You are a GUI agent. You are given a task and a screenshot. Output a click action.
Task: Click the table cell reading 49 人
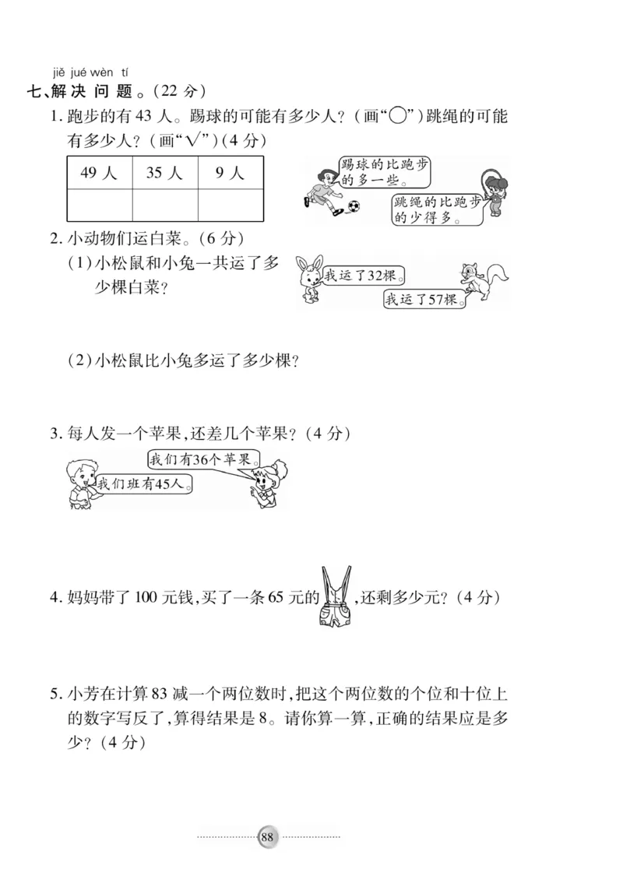point(99,173)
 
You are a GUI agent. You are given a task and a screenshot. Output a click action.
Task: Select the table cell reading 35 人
point(164,173)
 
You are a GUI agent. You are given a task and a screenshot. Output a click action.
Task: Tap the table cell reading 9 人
point(230,173)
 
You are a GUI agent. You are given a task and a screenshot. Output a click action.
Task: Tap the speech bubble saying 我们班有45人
point(143,483)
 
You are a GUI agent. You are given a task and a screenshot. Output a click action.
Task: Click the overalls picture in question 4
point(336,596)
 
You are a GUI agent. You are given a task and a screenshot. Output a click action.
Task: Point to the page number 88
point(267,837)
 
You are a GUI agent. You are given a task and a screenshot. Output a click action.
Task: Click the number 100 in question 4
point(146,598)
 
